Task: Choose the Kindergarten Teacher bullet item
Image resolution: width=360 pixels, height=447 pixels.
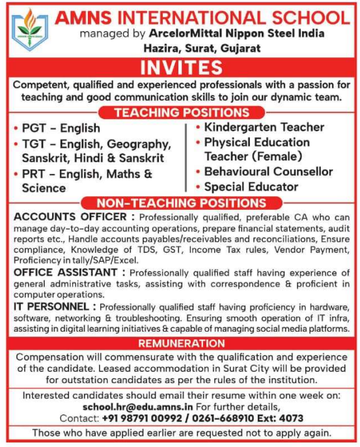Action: click(264, 127)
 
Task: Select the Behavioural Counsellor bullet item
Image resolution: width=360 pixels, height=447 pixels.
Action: click(268, 172)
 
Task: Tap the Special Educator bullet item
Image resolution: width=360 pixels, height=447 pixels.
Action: click(251, 187)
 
